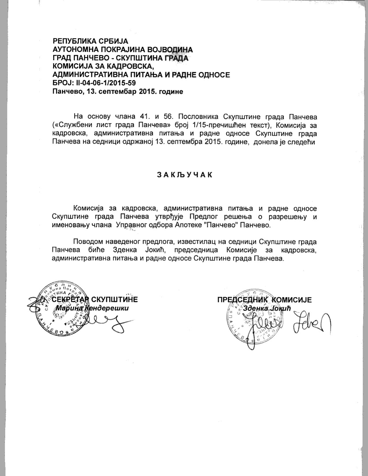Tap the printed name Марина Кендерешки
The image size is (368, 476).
point(92,308)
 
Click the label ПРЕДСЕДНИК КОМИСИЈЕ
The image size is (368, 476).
point(264,300)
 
